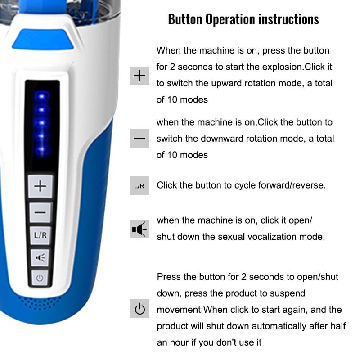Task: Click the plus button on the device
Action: pyautogui.click(x=40, y=186)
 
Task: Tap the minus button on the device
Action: pyautogui.click(x=40, y=212)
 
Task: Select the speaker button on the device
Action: pyautogui.click(x=40, y=258)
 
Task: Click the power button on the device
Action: pyautogui.click(x=40, y=278)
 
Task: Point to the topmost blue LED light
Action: pyautogui.click(x=42, y=96)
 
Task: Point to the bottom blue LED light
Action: pyautogui.click(x=42, y=149)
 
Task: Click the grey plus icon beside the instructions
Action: pyautogui.click(x=139, y=76)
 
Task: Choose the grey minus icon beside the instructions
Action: pyautogui.click(x=139, y=139)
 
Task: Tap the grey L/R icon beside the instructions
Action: pyautogui.click(x=139, y=186)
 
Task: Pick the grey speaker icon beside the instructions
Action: pyautogui.click(x=139, y=229)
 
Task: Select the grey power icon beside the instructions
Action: pyautogui.click(x=139, y=308)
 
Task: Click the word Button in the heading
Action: pyautogui.click(x=185, y=19)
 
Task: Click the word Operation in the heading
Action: pyautogui.click(x=230, y=19)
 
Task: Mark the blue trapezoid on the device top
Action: pyautogui.click(x=43, y=39)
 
